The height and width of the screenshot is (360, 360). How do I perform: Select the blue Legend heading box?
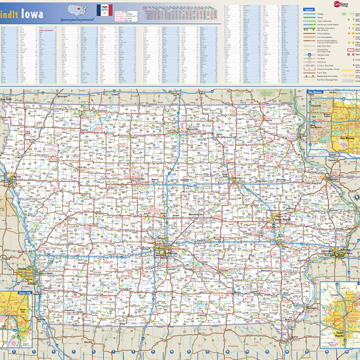(x=309, y=9)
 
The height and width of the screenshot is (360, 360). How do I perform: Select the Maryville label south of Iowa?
(x=87, y=342)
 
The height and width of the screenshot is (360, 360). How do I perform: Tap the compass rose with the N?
(x=357, y=197)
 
